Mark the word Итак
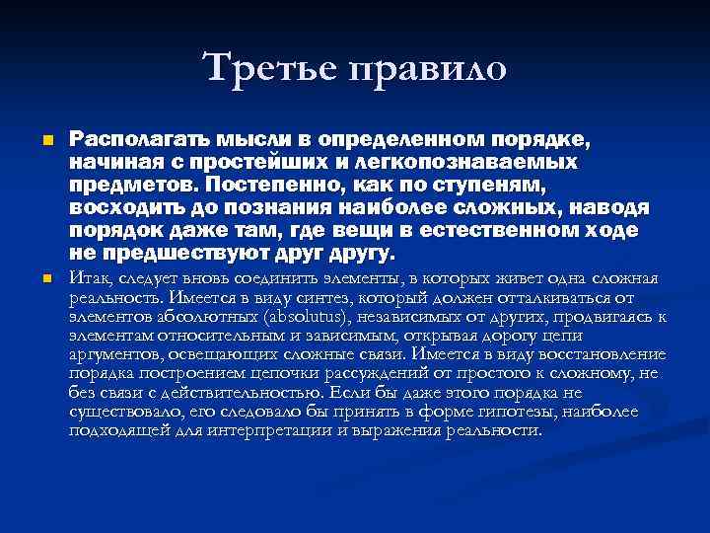click(91, 279)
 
